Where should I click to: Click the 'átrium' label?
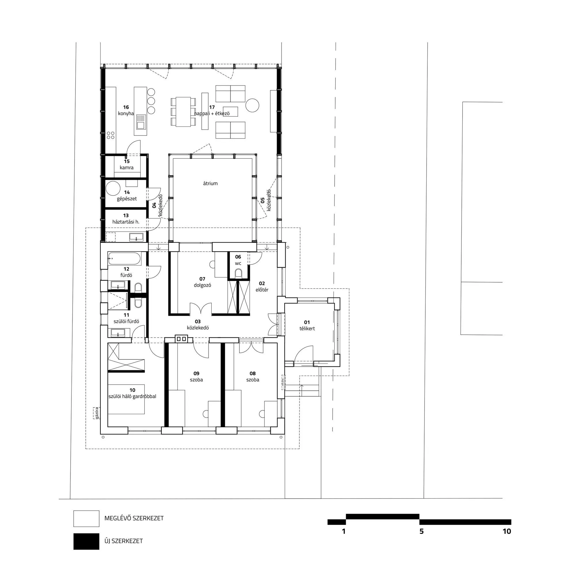pyautogui.click(x=210, y=184)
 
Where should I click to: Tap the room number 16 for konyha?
pyautogui.click(x=126, y=107)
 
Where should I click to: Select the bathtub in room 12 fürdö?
pyautogui.click(x=124, y=259)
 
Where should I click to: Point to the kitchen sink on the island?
pyautogui.click(x=141, y=122)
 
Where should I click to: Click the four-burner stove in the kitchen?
pyautogui.click(x=111, y=135)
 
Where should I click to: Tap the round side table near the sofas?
pyautogui.click(x=252, y=105)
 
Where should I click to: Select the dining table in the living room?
pyautogui.click(x=183, y=111)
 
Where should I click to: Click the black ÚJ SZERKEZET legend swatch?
pyautogui.click(x=86, y=541)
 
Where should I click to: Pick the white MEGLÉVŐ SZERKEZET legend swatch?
pyautogui.click(x=86, y=518)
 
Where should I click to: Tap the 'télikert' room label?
pyautogui.click(x=307, y=329)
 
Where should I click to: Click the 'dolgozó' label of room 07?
pyautogui.click(x=202, y=285)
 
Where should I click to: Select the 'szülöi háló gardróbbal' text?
pyautogui.click(x=132, y=397)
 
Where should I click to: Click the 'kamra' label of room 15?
pyautogui.click(x=126, y=168)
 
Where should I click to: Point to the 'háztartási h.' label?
pyautogui.click(x=126, y=222)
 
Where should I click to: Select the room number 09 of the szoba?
pyautogui.click(x=196, y=373)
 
